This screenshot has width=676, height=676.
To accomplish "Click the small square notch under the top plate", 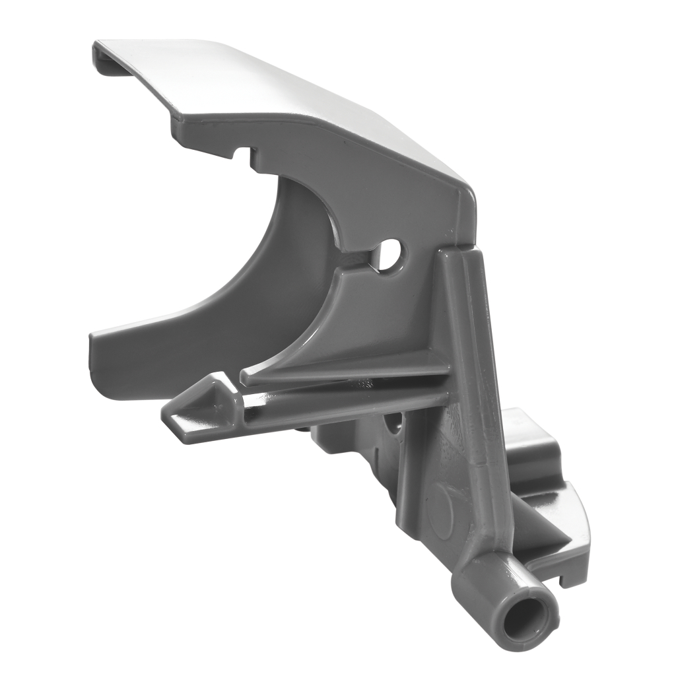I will [244, 154].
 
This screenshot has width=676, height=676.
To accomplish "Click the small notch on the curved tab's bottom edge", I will [562, 581].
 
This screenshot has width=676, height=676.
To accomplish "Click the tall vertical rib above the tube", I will [472, 370].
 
